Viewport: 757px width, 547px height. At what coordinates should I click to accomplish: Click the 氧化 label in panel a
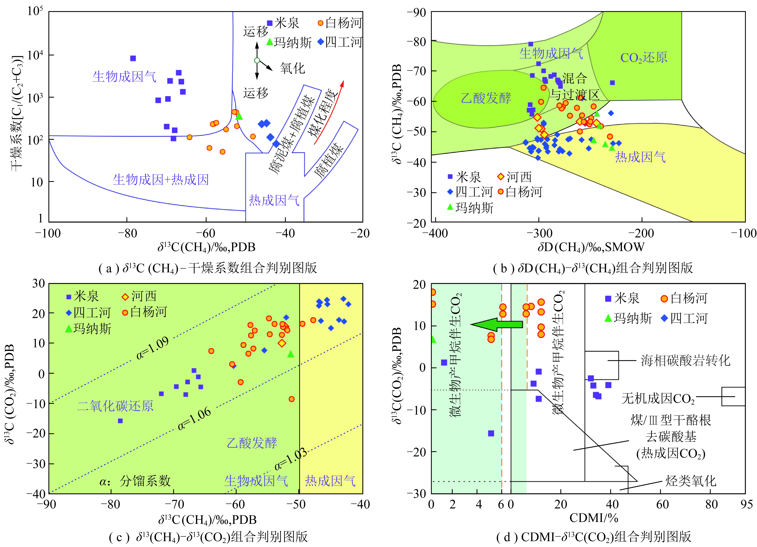coord(292,68)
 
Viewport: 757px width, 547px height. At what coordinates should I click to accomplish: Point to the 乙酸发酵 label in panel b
coord(486,98)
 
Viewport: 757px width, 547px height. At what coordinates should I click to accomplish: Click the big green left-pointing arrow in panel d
coord(497,324)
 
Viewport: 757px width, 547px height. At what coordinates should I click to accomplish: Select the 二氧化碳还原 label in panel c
coord(115,406)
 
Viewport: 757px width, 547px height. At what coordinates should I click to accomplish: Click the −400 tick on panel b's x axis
coord(435,233)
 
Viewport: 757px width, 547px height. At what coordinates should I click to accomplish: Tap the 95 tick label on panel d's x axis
coord(746,504)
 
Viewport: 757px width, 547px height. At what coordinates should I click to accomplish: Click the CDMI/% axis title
coord(594,518)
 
